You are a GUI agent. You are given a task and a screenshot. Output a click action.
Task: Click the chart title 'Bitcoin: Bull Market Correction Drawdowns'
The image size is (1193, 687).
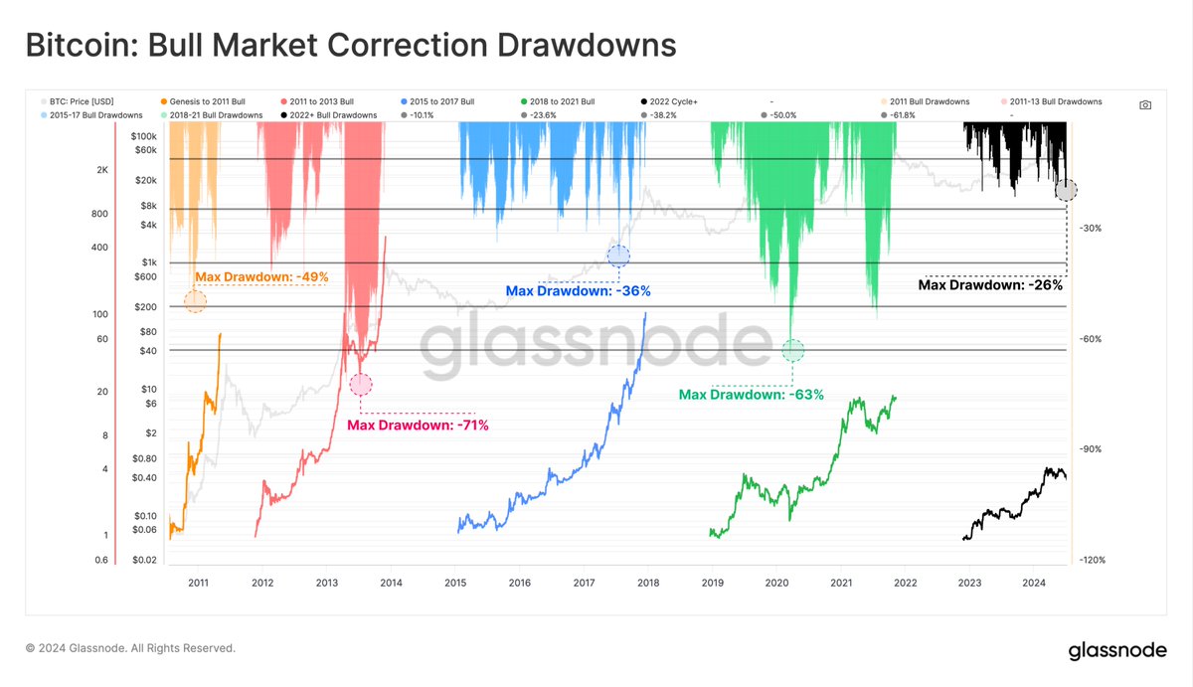click(350, 45)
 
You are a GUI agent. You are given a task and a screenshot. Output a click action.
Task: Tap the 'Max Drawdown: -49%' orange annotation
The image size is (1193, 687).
click(261, 276)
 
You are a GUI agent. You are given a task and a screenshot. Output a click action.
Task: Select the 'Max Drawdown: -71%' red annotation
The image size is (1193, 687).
click(418, 425)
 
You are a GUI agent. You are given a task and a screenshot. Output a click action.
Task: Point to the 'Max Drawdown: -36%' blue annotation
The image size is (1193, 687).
click(578, 291)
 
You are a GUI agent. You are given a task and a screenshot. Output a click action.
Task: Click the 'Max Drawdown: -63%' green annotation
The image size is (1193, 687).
click(751, 395)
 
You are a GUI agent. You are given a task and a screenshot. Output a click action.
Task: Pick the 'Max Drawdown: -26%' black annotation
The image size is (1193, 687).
click(989, 284)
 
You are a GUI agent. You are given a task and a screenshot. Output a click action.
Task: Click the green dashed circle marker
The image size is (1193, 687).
click(792, 350)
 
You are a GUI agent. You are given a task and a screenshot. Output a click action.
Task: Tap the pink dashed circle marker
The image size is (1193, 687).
click(361, 384)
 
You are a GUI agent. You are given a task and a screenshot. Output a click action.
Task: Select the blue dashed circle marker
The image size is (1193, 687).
click(618, 256)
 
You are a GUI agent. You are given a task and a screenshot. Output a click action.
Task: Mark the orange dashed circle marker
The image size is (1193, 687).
click(195, 300)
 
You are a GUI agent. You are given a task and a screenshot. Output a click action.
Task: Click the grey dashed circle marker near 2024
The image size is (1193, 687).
click(1065, 190)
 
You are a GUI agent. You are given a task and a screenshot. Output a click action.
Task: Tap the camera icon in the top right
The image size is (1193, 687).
click(1145, 104)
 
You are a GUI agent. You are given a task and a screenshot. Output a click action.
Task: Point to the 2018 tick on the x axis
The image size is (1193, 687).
click(648, 583)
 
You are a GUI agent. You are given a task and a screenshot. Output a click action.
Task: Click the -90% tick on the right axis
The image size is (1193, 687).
click(1090, 449)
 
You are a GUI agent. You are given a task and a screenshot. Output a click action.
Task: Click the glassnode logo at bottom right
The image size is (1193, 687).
click(1117, 651)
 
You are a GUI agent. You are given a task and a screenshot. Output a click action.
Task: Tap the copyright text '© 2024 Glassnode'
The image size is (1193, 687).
click(130, 648)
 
